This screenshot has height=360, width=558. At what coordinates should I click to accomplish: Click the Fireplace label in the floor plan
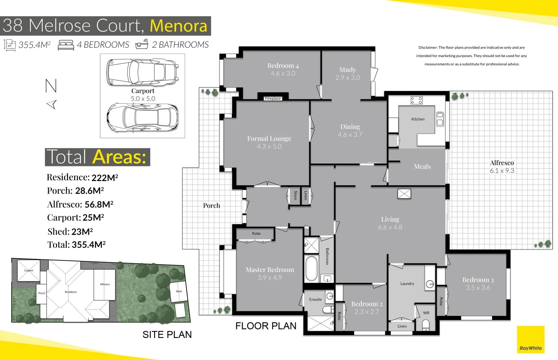pyautogui.click(x=273, y=99)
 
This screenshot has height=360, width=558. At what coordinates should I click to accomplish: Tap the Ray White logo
pyautogui.click(x=531, y=339)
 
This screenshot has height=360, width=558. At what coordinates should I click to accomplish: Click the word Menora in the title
pyautogui.click(x=179, y=26)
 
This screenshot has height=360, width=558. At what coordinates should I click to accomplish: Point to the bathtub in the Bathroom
pyautogui.click(x=312, y=269)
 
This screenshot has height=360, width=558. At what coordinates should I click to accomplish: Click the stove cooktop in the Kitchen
pyautogui.click(x=417, y=100)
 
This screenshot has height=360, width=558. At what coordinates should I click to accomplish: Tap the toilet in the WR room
pyautogui.click(x=426, y=325)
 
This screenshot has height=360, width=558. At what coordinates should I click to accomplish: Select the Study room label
pyautogui.click(x=348, y=69)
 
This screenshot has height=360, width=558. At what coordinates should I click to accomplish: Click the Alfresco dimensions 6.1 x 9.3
pyautogui.click(x=502, y=171)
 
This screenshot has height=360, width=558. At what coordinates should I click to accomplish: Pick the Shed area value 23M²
pyautogui.click(x=82, y=232)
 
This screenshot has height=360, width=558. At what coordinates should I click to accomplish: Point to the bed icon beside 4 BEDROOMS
pyautogui.click(x=66, y=45)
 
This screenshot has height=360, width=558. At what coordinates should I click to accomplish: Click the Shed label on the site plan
pyautogui.click(x=179, y=291)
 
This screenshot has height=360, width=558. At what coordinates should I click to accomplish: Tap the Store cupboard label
pyautogui.click(x=296, y=195)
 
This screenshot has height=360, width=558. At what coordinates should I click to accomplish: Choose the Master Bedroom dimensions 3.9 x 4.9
pyautogui.click(x=270, y=277)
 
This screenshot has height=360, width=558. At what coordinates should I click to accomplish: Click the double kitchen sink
pyautogui.click(x=440, y=120)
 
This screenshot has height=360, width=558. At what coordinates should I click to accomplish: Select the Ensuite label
pyautogui.click(x=316, y=299)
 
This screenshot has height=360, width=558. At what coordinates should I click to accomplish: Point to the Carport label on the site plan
pyautogui.click(x=29, y=271)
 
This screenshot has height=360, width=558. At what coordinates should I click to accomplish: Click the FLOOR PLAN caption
pyautogui.click(x=266, y=326)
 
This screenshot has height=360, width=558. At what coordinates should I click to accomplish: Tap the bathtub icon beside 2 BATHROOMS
pyautogui.click(x=142, y=44)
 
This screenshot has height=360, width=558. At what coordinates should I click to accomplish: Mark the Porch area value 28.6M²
pyautogui.click(x=89, y=191)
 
